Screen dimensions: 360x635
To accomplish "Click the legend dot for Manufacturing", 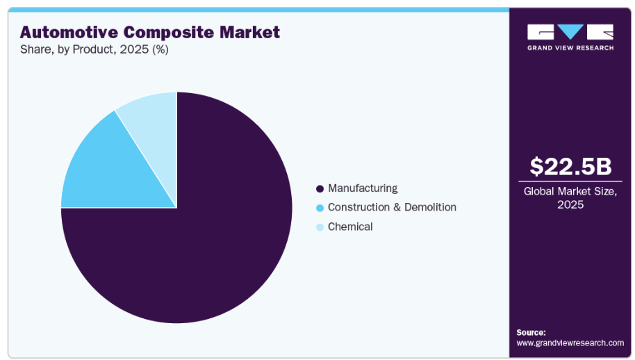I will point(320,188).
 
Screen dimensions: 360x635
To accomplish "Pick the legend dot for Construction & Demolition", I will point(320,208).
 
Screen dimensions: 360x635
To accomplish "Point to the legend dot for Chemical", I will point(320,227).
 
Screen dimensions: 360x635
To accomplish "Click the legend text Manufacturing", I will point(363,188).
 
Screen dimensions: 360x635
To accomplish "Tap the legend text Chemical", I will point(350,227).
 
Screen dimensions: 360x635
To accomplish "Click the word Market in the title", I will point(253,32).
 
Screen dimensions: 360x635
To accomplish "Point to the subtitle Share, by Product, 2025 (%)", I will point(94,49).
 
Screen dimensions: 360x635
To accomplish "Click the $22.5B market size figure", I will point(570,167).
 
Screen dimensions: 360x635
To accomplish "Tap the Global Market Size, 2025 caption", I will point(570,198).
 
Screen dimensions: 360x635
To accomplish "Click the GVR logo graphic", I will point(570,32).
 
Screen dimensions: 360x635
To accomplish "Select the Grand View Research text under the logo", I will point(570,47).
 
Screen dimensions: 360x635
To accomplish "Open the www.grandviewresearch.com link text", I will point(570,343).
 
